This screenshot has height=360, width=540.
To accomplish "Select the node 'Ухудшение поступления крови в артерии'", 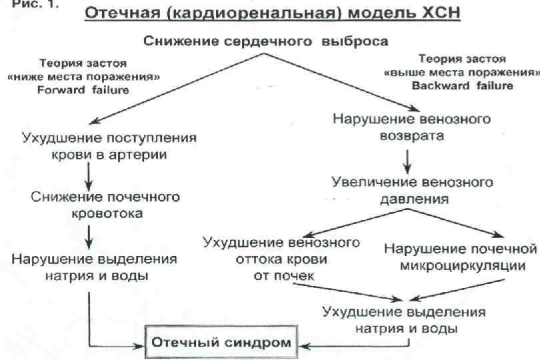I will pyautogui.click(x=109, y=147).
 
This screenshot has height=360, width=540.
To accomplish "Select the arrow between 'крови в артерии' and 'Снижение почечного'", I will pyautogui.click(x=89, y=176).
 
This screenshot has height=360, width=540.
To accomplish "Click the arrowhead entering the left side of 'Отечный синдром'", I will pyautogui.click(x=143, y=345).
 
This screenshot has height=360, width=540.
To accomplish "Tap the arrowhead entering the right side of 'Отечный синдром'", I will pyautogui.click(x=302, y=345).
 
